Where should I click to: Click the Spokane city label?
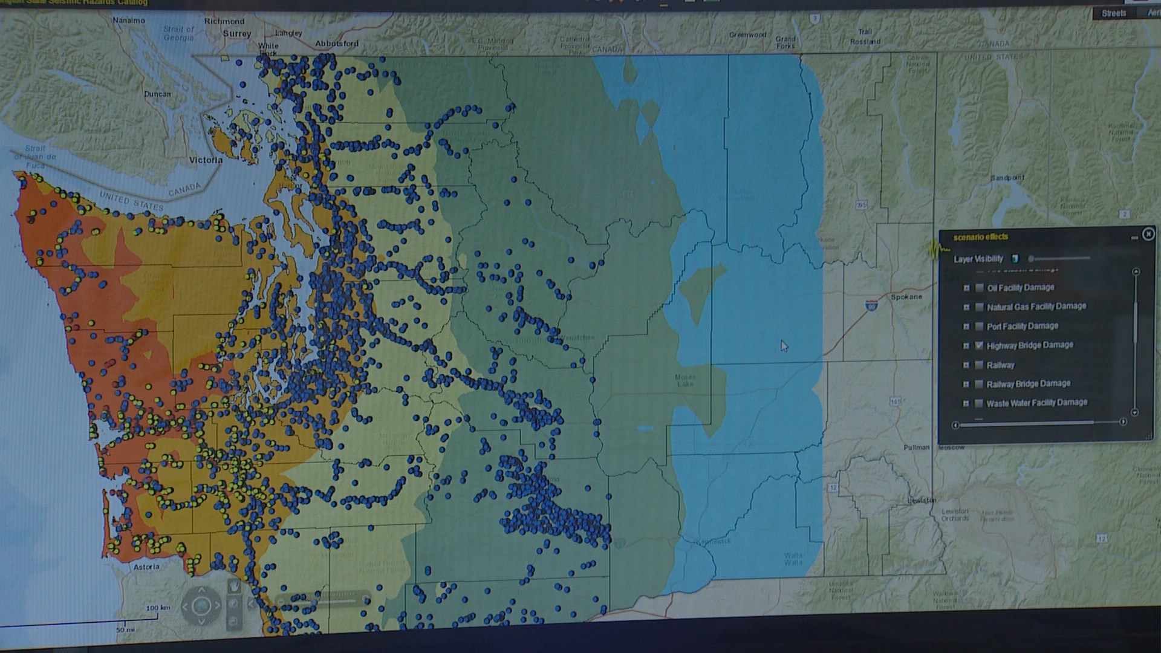[x=906, y=297]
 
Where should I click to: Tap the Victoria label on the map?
[x=206, y=160]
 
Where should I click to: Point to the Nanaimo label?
[x=129, y=21]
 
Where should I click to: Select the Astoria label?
[x=146, y=567]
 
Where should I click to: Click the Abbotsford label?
[x=337, y=44]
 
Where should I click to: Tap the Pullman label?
[x=916, y=447]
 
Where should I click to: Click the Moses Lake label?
[x=685, y=380]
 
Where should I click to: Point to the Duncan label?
[x=157, y=94]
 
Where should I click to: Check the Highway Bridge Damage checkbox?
[x=980, y=346]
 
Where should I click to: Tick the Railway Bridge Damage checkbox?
[x=980, y=385]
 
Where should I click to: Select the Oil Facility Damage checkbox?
[x=980, y=288]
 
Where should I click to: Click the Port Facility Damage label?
[x=1022, y=326]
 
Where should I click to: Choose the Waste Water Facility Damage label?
[x=1036, y=403]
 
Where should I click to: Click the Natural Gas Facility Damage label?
[x=1036, y=307]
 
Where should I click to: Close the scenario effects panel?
[x=1148, y=234]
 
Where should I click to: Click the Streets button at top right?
[x=1114, y=13]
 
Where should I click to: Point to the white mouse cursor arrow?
[x=784, y=346]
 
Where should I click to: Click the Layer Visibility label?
[x=978, y=259]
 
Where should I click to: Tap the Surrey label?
[x=236, y=34]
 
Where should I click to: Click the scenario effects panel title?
[x=980, y=237]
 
